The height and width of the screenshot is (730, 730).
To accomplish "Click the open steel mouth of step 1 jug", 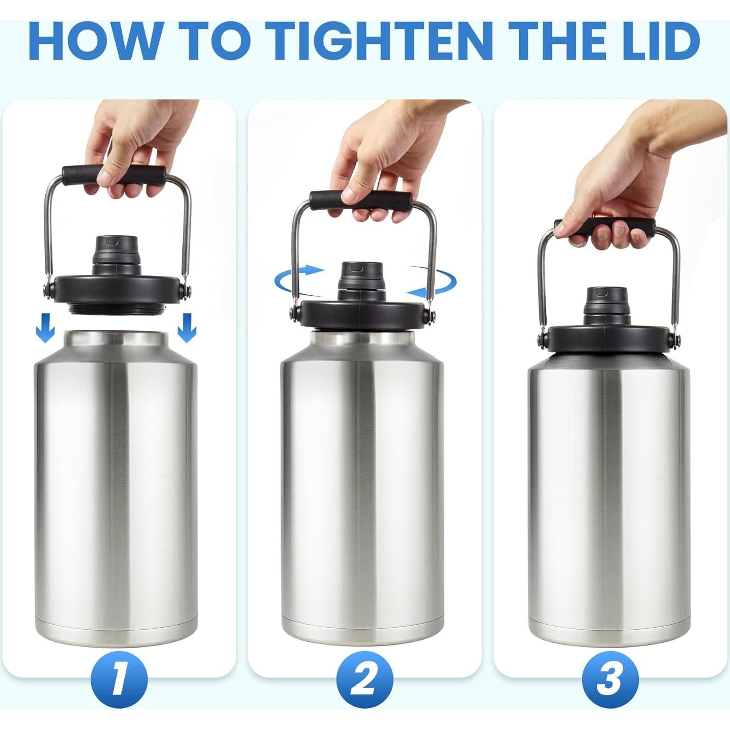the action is click(x=116, y=336).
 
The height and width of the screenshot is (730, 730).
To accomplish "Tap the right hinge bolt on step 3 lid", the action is click(x=674, y=339).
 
